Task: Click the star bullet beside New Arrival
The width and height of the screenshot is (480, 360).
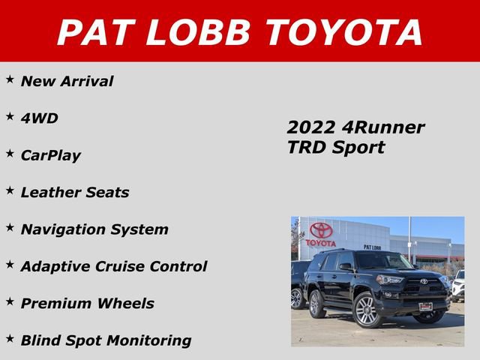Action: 10,79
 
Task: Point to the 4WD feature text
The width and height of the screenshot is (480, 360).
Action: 39,118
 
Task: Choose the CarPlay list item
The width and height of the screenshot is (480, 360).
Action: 50,156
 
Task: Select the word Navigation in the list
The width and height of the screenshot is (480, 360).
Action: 66,229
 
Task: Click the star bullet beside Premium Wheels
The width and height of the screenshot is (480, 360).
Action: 10,301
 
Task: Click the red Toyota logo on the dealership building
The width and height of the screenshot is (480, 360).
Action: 321,231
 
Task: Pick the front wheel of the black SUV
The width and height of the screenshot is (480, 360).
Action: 367,310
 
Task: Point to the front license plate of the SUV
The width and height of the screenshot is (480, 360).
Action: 425,306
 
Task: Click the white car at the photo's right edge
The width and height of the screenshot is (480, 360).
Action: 458,286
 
